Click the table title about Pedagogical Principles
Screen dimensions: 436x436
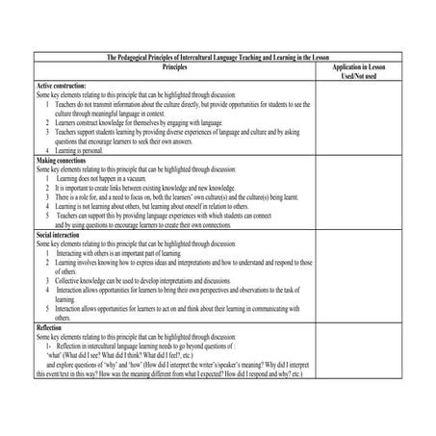[x=217, y=58]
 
